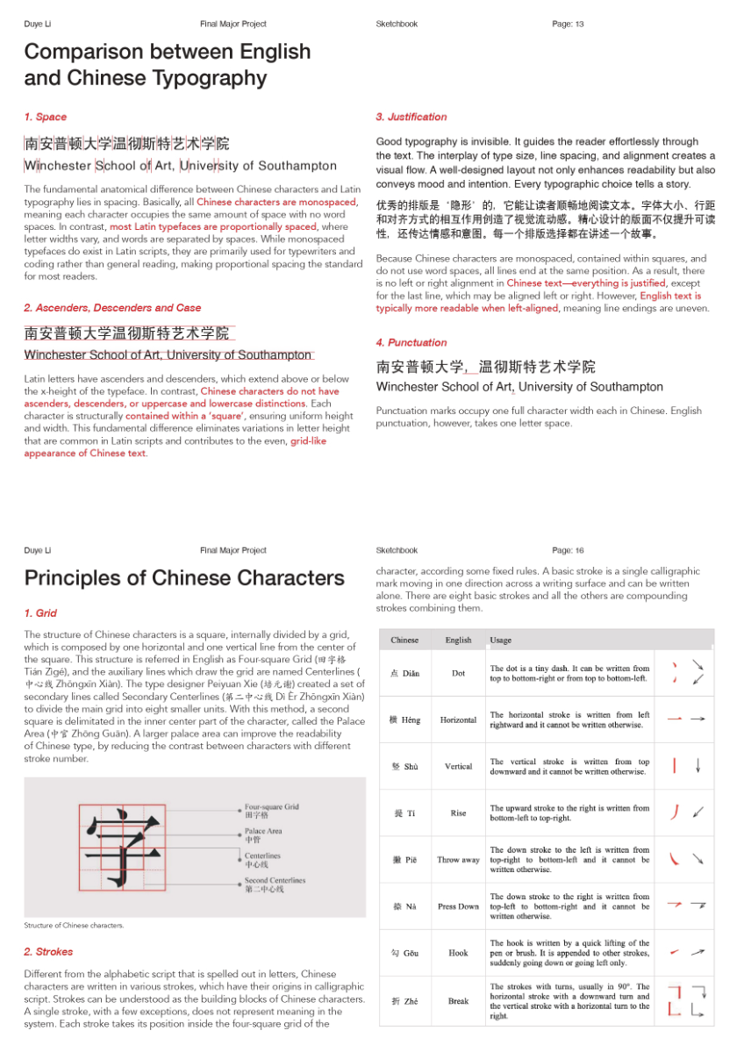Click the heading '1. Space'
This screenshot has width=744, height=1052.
click(x=46, y=117)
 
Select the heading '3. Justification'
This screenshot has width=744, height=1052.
click(x=411, y=117)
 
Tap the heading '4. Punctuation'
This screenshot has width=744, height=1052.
click(x=411, y=343)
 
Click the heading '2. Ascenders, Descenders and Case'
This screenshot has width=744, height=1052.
click(x=112, y=308)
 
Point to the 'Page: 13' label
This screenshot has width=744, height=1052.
click(x=568, y=24)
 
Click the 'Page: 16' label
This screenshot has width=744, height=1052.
click(x=568, y=550)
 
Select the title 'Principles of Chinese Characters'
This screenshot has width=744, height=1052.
click(x=184, y=578)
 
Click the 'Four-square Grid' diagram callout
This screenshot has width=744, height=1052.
click(x=271, y=806)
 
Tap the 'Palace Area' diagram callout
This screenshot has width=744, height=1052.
click(x=263, y=831)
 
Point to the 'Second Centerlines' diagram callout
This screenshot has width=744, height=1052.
click(x=275, y=880)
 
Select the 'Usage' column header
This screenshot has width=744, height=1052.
click(x=501, y=640)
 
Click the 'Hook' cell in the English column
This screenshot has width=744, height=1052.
click(x=458, y=953)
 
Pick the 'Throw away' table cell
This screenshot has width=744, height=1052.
click(x=458, y=860)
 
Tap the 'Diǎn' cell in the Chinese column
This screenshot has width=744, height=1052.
click(x=404, y=673)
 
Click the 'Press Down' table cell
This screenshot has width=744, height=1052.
click(x=458, y=906)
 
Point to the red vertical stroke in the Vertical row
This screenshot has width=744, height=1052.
click(x=675, y=766)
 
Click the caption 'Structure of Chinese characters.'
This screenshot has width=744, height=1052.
click(x=74, y=926)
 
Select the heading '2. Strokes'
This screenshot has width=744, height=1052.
click(x=49, y=952)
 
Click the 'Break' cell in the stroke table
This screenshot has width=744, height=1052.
click(x=458, y=1000)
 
